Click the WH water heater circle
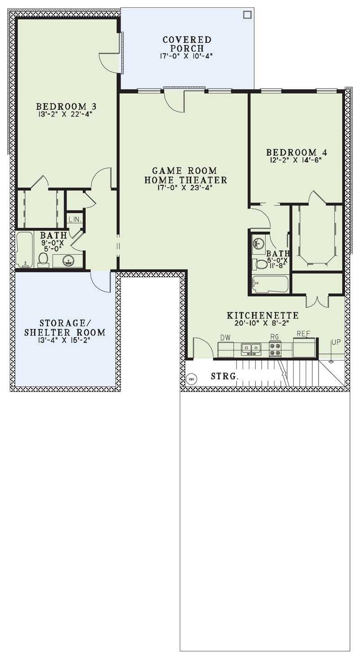click(x=192, y=379)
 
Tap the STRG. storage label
click(x=225, y=376)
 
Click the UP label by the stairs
click(x=336, y=342)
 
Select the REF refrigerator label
click(x=303, y=334)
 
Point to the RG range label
click(x=274, y=337)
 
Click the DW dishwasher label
click(x=225, y=337)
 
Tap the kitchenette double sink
click(x=251, y=349)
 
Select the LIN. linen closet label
click(x=75, y=220)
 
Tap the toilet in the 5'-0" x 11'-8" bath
click(x=260, y=264)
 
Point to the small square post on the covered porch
click(x=247, y=14)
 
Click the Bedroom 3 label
click(x=66, y=106)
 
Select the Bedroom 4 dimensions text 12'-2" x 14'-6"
click(x=295, y=160)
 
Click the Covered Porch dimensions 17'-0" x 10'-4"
click(x=186, y=56)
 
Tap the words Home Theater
click(x=185, y=180)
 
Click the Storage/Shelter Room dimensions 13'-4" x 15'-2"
click(x=64, y=340)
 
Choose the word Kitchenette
click(x=263, y=315)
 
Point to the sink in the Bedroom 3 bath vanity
click(x=68, y=261)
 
